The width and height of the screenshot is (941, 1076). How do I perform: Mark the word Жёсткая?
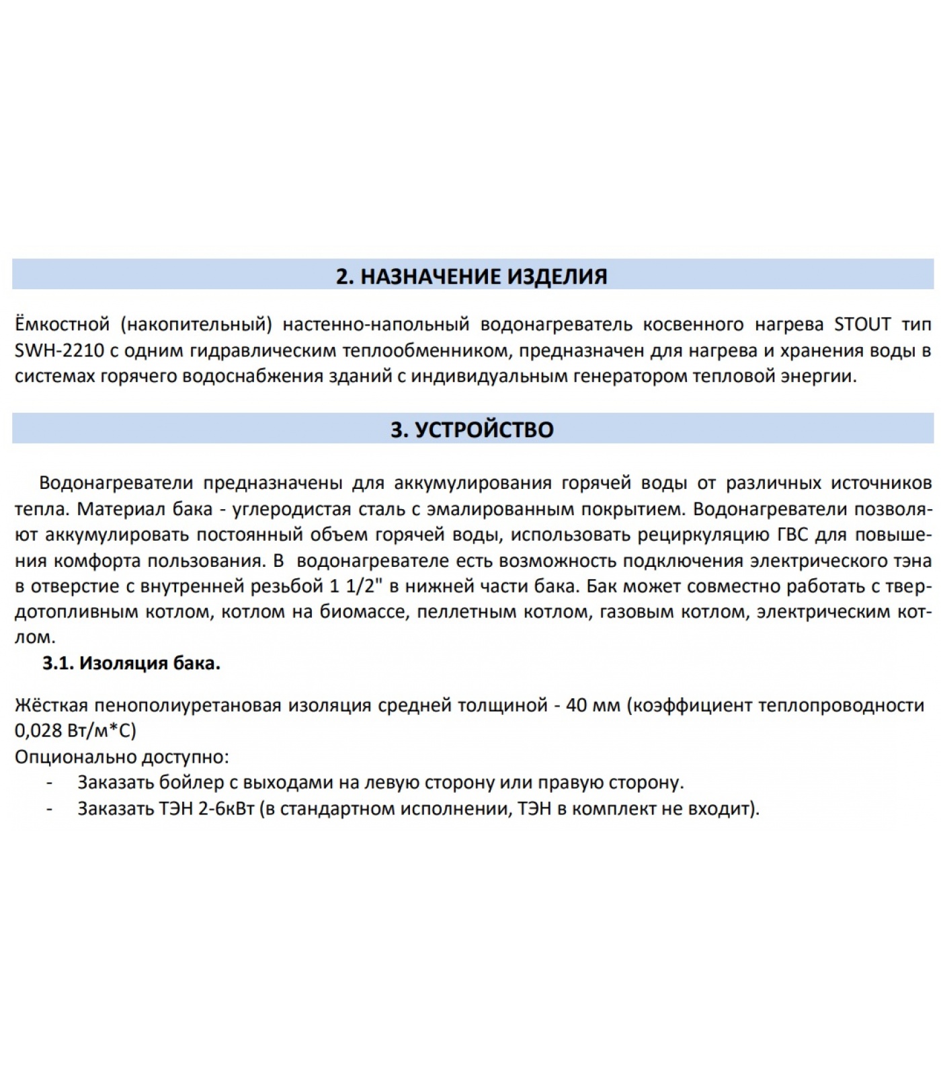coord(51,705)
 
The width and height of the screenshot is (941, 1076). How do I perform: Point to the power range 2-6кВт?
coord(226,808)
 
